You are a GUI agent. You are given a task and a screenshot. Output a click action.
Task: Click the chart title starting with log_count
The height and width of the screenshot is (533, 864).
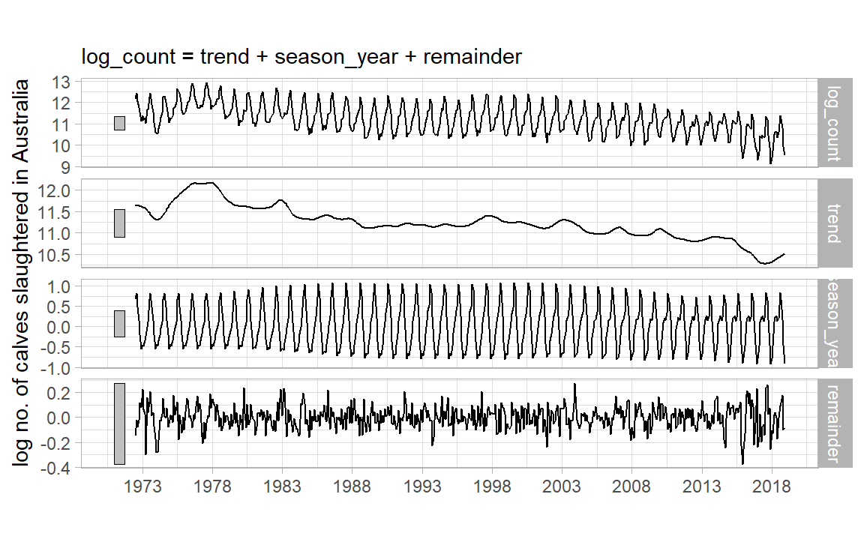tap(302, 57)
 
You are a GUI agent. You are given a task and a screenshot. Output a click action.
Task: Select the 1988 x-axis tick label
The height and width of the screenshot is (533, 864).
tap(352, 486)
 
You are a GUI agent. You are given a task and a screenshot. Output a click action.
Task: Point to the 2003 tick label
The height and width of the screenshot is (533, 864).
tap(562, 486)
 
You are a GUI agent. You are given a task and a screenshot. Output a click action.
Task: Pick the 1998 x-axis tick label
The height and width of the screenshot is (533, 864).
tap(492, 486)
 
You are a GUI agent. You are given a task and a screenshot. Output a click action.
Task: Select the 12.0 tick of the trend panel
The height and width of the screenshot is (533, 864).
tap(55, 191)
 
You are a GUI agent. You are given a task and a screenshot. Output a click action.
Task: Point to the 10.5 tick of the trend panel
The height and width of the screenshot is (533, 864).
tap(55, 256)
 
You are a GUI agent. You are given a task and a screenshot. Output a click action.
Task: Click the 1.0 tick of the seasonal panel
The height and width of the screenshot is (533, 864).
tap(60, 286)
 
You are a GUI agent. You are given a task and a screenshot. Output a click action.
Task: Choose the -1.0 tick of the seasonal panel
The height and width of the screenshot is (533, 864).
tap(57, 368)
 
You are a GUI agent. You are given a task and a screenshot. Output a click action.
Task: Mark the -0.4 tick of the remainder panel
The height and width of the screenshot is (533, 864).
tap(57, 468)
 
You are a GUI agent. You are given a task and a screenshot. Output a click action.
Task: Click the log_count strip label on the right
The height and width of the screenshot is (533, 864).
tap(833, 121)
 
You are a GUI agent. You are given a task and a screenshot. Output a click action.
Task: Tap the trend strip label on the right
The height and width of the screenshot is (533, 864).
tap(833, 223)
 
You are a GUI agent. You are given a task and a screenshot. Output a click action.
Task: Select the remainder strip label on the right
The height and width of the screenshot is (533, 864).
tap(833, 424)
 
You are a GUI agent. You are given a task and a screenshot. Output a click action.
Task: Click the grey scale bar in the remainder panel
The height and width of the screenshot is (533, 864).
tap(119, 424)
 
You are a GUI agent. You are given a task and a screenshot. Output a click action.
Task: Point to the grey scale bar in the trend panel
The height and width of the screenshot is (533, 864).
tap(119, 223)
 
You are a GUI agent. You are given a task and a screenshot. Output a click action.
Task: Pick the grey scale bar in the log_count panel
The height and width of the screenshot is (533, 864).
tap(119, 123)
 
